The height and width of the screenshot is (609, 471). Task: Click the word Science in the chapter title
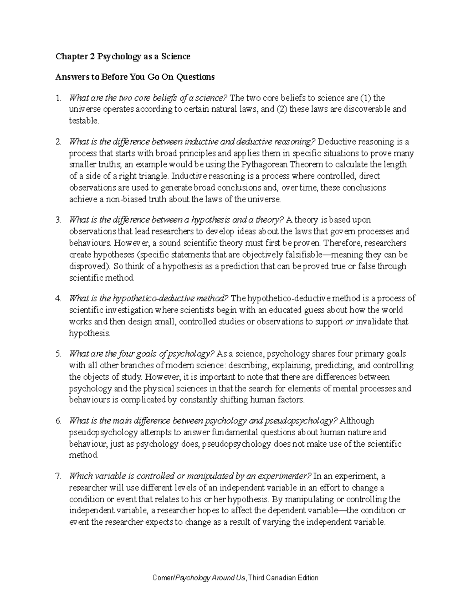[173, 56]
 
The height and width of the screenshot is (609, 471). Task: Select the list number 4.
[58, 298]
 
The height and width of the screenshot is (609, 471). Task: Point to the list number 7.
[58, 476]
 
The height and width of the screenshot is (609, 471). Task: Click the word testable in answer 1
[84, 121]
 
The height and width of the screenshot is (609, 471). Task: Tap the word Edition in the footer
[306, 578]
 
